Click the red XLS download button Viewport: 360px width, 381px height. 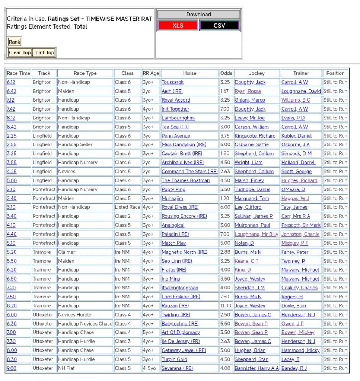pos(178,26)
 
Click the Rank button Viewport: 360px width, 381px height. pos(15,42)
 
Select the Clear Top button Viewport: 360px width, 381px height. pos(20,52)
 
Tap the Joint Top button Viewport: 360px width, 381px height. pos(44,52)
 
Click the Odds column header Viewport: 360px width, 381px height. pos(226,73)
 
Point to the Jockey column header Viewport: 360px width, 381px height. pos(257,73)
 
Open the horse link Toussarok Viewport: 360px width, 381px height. pos(172,82)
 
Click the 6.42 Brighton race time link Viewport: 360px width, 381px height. pos(11,91)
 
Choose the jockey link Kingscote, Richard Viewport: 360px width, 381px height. pos(255,136)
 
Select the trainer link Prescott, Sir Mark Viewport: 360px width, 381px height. pos(301,225)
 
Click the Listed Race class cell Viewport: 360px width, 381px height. pos(127,207)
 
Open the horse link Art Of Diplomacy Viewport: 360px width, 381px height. pos(181,332)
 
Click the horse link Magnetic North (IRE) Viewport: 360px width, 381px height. pos(184,252)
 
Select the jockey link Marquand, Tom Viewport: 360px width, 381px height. pos(252,198)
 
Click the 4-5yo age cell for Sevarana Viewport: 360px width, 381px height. pos(151,368)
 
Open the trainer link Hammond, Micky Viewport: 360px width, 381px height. pos(300,350)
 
